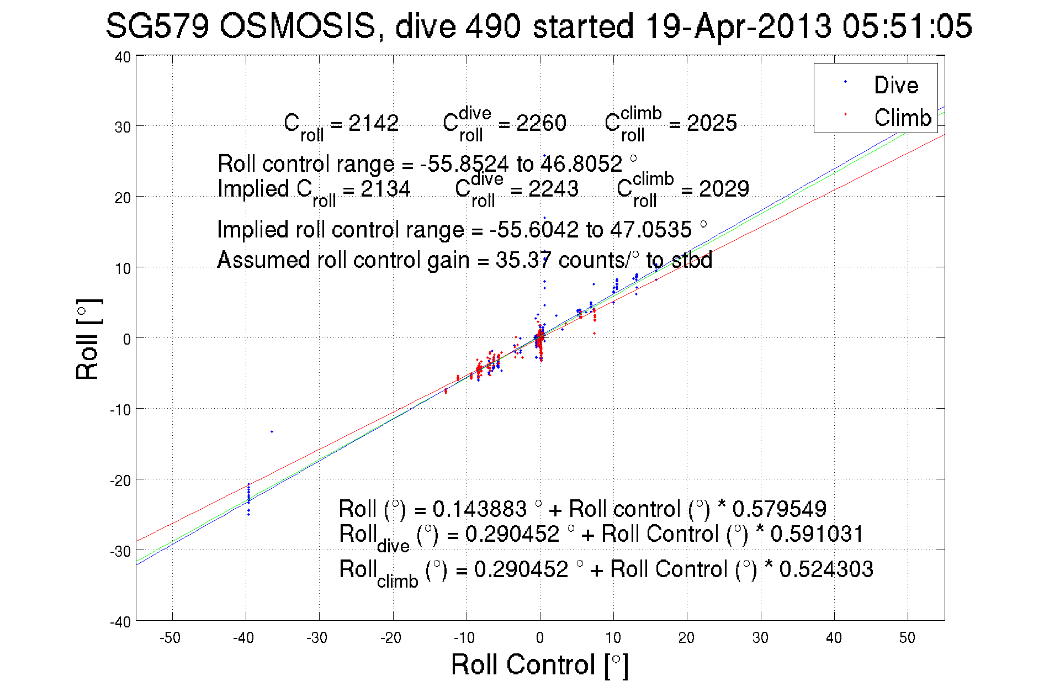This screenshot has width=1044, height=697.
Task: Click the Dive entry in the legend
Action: coord(895,85)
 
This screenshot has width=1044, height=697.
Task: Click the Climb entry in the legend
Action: coord(902,118)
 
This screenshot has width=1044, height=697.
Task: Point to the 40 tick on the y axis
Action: coord(123,57)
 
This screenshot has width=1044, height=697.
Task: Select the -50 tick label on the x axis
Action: coord(170,638)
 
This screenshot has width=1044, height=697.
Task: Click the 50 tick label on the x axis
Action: coord(907,638)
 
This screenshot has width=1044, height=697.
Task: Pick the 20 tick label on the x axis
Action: coord(686,638)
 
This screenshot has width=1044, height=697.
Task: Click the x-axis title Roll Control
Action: coord(539,664)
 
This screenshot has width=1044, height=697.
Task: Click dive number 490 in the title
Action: coord(492,26)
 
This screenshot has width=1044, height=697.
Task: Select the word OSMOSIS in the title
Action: coord(298,26)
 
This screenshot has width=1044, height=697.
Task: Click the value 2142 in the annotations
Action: coord(373,123)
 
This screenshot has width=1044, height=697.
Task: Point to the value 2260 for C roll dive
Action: coord(541,123)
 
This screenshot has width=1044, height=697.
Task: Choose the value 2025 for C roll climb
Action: coord(712,123)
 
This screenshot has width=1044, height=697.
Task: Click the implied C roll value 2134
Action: coord(385,189)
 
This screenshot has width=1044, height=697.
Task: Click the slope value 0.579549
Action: coord(779,509)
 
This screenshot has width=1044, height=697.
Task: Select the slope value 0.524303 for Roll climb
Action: coord(826,569)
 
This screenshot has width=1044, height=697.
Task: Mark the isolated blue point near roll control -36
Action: coord(272,431)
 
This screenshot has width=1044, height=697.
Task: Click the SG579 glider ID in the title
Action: coord(157,26)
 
